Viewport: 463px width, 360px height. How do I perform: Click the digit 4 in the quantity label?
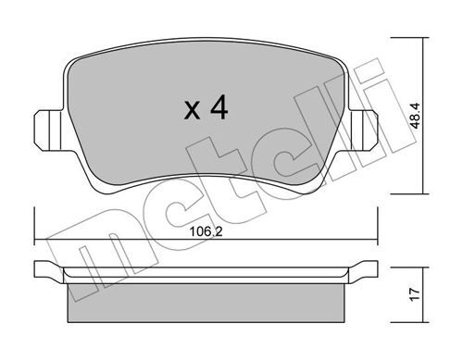[219, 110]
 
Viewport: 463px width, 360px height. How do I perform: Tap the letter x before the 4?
[192, 113]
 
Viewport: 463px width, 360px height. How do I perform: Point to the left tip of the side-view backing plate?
[38, 273]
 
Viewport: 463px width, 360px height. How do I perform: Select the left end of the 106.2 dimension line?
[35, 241]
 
